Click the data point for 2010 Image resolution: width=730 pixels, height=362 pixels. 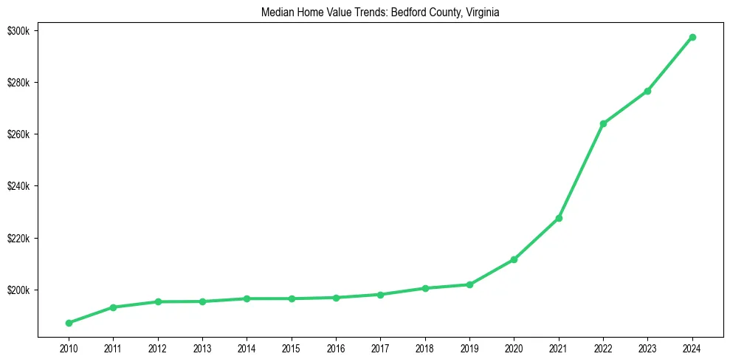coord(69,323)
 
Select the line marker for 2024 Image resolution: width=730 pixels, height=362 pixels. coord(692,37)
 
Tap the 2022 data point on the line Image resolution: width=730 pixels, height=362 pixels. coord(603,123)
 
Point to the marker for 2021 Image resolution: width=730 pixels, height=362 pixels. coord(559,218)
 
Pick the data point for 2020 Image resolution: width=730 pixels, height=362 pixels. coord(514,259)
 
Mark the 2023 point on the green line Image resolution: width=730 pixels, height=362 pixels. coord(647,91)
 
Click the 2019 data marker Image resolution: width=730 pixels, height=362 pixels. coord(469,284)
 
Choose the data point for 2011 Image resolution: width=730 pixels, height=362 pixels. coord(113,307)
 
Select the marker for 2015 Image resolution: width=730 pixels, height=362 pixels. coord(292,298)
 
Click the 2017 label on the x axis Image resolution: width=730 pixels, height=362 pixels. coord(380,348)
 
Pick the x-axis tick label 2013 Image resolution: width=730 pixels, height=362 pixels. coord(202,348)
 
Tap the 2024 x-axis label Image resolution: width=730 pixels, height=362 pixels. coord(692,348)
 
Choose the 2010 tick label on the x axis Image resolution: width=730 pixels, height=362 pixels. coord(69,348)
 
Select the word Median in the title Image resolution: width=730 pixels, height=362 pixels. coord(276,13)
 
